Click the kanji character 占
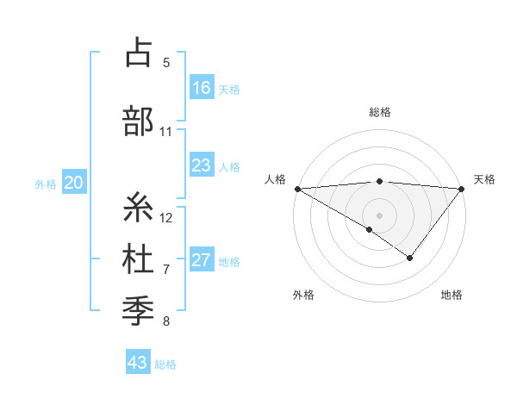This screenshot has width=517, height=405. pos(138,53)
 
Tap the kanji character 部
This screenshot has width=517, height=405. pos(138,121)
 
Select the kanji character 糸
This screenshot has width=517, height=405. pos(138,208)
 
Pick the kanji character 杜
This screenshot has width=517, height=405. pos(138,259)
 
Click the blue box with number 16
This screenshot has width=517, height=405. pos(202,88)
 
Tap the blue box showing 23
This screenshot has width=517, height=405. pos(202,165)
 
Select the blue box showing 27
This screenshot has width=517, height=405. pos(202,260)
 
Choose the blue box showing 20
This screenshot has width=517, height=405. pos(74,183)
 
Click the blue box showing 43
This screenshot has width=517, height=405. pos(138,363)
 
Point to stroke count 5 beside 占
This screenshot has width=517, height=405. pos(166,63)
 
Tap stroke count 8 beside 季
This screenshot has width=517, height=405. pos(166,321)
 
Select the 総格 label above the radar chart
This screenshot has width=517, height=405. pos(379,112)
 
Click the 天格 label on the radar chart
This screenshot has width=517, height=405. pos(484,179)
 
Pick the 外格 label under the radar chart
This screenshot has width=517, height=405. pos(303,295)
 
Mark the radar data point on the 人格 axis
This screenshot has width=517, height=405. pos(297,188)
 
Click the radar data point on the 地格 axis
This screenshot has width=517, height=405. pos(410,258)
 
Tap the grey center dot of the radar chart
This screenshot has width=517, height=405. pos(379,215)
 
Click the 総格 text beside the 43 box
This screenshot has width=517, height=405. pos(165,364)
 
